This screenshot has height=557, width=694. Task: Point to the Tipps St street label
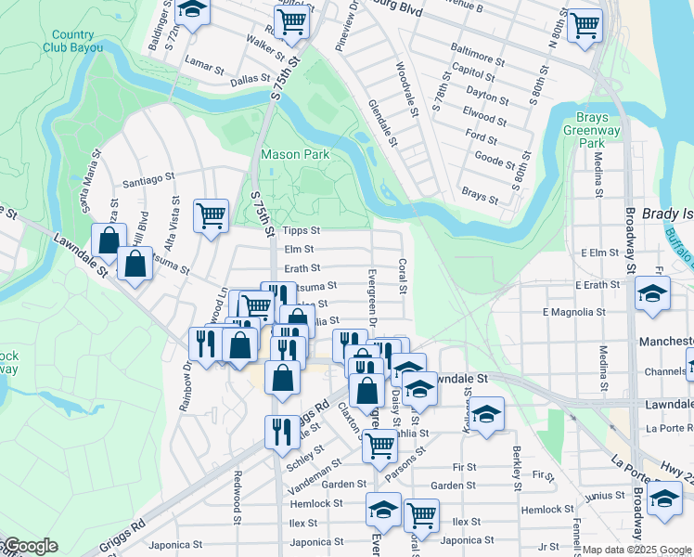(301, 230)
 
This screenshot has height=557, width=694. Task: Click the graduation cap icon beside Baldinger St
(192, 10)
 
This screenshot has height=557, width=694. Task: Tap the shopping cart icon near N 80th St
(584, 24)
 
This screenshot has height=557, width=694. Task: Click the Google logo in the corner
(30, 546)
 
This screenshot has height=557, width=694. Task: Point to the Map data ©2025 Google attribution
(637, 550)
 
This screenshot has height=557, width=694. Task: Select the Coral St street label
(403, 276)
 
